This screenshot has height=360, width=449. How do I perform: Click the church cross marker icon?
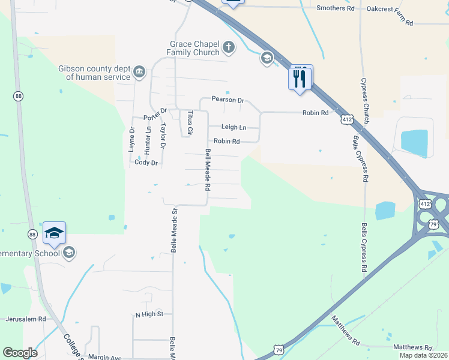(x=228, y=46)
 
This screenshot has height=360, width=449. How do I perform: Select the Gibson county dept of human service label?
(x=94, y=73)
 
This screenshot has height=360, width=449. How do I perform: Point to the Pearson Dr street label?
(x=228, y=100)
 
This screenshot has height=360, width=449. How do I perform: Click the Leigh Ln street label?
(x=234, y=127)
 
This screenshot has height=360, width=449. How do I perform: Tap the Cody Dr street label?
(x=146, y=163)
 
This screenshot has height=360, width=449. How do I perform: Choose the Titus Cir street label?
(x=190, y=122)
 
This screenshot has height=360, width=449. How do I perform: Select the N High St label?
(x=149, y=314)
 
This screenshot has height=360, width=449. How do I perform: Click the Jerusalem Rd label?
(x=26, y=319)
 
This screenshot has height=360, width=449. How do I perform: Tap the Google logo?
(x=20, y=353)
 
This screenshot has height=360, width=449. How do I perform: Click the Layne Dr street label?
(x=132, y=139)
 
